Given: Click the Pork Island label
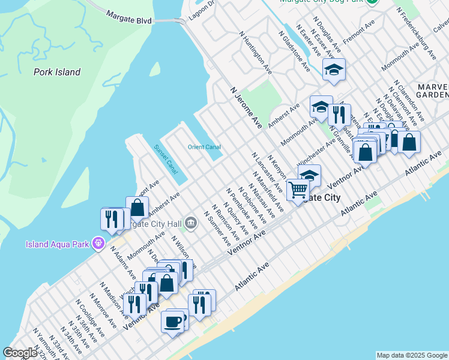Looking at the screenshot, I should coord(57,72).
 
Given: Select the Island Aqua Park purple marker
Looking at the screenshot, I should coord(98,244).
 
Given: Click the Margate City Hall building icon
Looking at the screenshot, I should coord(191,223).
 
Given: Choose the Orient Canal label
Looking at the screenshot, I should coord(204,147).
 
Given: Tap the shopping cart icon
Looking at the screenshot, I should coord(297,190).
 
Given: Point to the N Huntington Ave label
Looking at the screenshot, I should coord(255,53).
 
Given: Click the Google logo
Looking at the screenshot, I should coord(20,353).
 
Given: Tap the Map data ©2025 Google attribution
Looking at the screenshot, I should coord(412,355).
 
